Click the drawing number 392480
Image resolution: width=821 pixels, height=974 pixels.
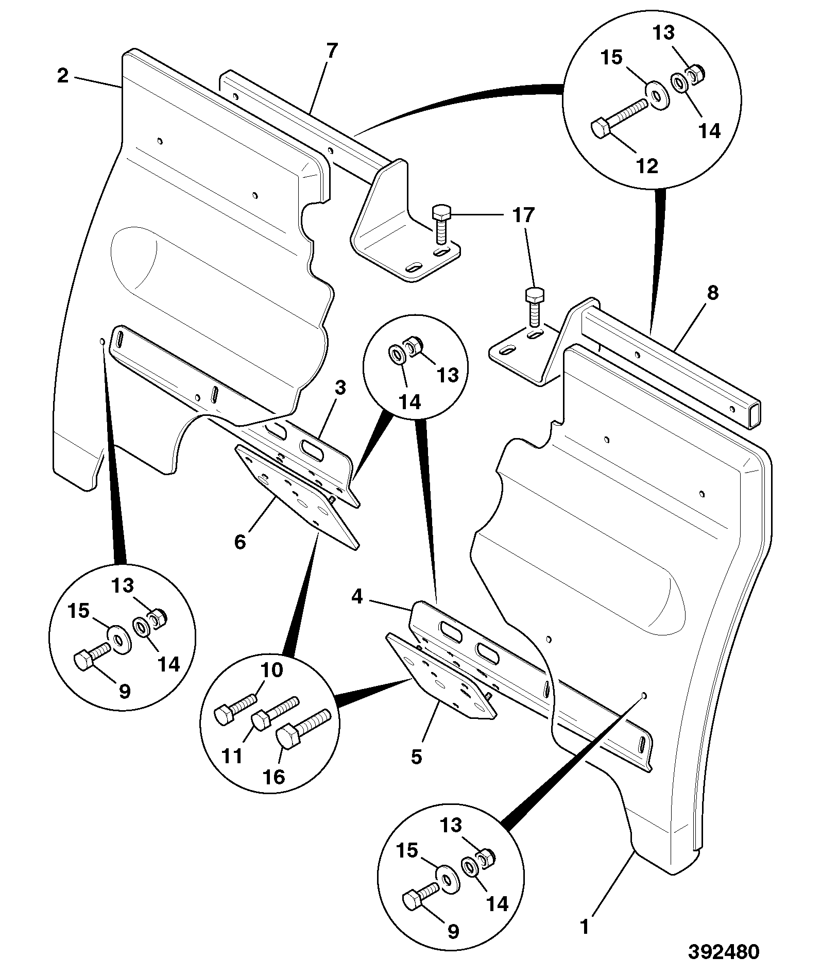(x=724, y=952)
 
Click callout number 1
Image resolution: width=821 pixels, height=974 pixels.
(x=584, y=927)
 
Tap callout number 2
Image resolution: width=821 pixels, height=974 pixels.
(x=62, y=76)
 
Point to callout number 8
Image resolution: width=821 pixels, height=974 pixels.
(x=712, y=293)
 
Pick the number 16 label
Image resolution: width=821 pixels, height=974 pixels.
(x=275, y=777)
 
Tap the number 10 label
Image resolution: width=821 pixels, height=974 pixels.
(x=271, y=670)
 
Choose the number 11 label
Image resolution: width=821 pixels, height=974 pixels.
(x=232, y=756)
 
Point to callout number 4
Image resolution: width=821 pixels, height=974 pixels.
(x=357, y=597)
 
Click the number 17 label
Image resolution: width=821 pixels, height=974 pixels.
(x=523, y=215)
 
